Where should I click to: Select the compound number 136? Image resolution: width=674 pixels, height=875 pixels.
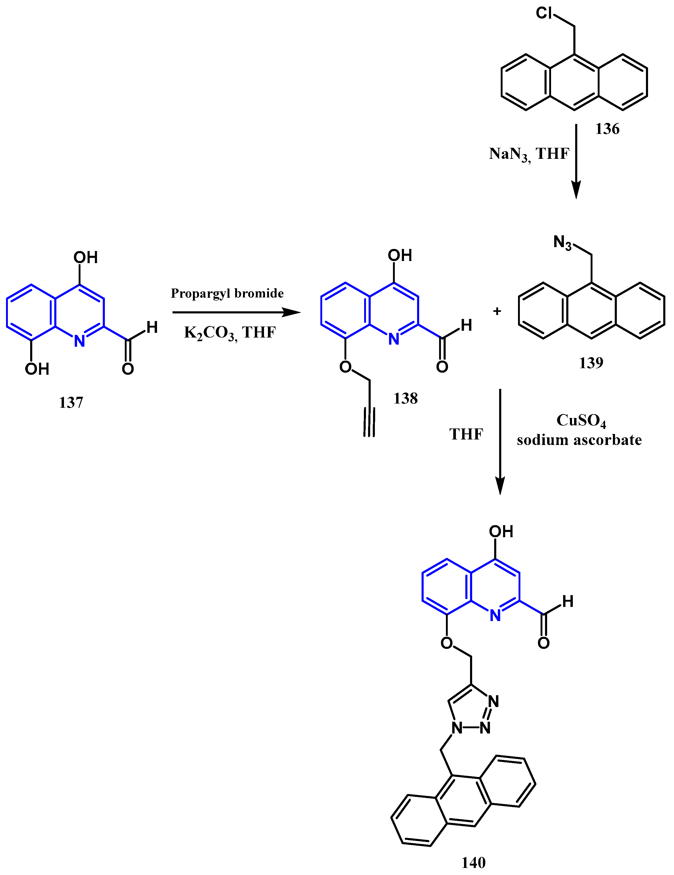[x=607, y=129]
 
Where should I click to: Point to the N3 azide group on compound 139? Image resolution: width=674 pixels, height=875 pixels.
[x=562, y=242]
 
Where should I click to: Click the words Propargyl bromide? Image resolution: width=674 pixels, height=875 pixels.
[x=227, y=293]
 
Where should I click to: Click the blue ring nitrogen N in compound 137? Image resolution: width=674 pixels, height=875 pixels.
[x=80, y=341]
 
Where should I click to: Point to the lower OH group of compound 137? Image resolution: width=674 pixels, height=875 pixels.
[x=37, y=369]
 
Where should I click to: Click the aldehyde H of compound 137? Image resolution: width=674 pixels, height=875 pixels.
[x=152, y=327]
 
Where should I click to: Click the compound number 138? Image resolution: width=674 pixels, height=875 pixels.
[x=406, y=398]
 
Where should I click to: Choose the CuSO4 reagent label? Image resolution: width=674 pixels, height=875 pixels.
[x=581, y=421]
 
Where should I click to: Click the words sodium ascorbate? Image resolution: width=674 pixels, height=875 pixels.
[x=579, y=440]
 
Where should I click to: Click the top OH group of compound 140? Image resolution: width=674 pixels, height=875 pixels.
[x=501, y=532]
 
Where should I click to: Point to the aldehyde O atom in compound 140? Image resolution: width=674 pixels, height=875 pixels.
[x=543, y=643]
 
